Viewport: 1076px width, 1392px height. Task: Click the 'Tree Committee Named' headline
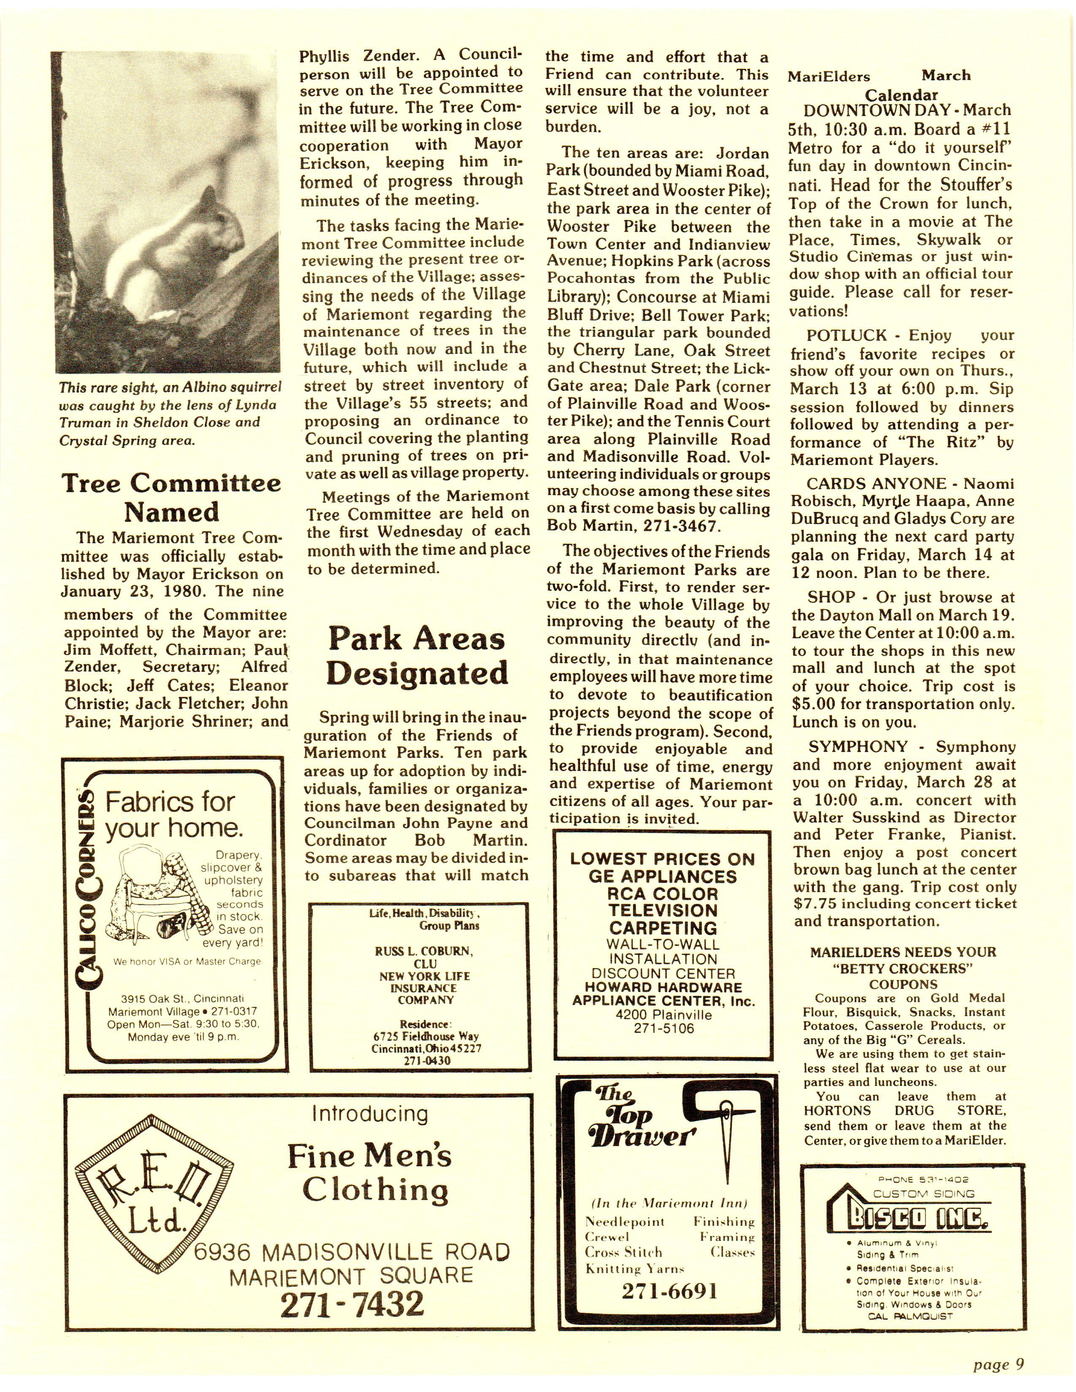(171, 498)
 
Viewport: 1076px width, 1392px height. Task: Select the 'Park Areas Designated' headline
(417, 656)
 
